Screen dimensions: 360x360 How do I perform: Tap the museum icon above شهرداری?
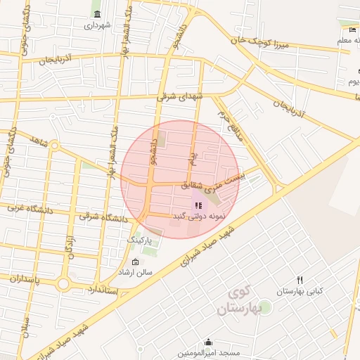coord(96,14)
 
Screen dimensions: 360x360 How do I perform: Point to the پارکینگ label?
coord(139,240)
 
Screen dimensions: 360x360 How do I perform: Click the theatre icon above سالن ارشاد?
coord(135,262)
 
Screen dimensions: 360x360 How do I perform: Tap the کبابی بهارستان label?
coord(299,291)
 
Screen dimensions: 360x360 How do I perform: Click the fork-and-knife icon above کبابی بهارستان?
coord(300,281)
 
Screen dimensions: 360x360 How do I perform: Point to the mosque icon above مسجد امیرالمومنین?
coord(209,342)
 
